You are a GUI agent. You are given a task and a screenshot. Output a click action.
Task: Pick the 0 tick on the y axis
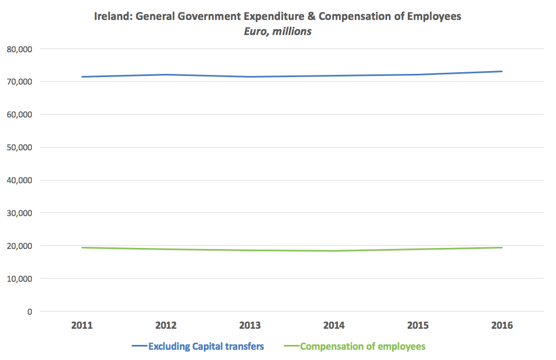[30, 311]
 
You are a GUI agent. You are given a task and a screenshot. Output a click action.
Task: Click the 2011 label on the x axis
[82, 326]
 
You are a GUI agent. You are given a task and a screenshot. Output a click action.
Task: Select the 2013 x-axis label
[250, 326]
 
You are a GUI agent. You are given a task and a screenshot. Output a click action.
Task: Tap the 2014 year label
[334, 326]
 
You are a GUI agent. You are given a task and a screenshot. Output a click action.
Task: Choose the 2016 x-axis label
[502, 326]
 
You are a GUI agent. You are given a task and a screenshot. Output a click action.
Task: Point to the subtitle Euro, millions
[278, 31]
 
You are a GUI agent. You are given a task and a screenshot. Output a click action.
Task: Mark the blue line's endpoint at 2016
[502, 71]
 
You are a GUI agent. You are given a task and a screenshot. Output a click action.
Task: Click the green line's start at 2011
[82, 247]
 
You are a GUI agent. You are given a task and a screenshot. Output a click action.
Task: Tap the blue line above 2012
[166, 74]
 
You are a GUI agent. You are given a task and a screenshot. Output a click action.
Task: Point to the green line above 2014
[334, 251]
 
